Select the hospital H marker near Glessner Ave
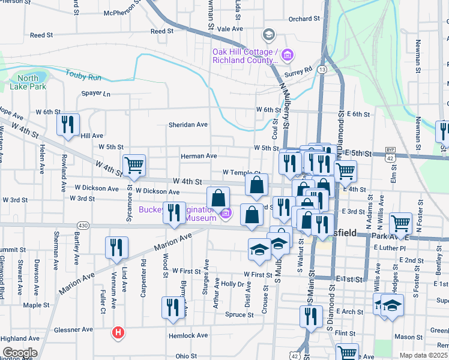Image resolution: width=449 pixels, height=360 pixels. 119,332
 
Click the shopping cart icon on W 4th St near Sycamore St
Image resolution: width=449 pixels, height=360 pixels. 133,164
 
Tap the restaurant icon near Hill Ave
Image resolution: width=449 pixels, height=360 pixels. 68,124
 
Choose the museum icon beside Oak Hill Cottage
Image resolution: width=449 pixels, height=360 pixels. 288,55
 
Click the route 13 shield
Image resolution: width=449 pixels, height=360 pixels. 323,70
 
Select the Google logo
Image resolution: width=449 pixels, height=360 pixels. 20,353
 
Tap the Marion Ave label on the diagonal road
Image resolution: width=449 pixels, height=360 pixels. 172,242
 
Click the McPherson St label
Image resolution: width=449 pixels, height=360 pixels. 122,13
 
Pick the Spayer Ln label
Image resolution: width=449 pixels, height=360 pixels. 96,94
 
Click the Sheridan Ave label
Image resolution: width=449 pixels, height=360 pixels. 187,125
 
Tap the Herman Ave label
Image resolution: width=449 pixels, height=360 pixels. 199,156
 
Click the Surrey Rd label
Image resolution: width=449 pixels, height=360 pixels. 300,71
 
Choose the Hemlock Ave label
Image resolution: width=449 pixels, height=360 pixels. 188,336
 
